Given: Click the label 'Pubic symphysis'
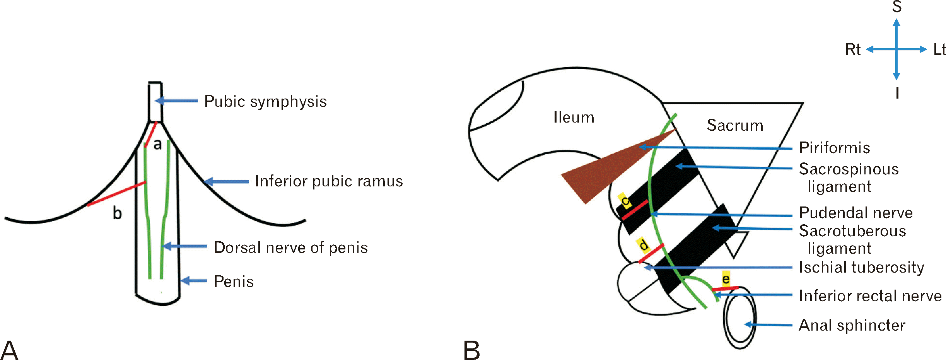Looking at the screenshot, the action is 265,101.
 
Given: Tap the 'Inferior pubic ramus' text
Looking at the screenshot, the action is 329,181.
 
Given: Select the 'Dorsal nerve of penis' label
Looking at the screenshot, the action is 291,247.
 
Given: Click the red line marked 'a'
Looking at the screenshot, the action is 150,134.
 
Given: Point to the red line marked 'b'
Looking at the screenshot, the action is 116,194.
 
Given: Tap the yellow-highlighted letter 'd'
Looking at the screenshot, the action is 643,245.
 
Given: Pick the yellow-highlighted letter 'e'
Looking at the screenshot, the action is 726,278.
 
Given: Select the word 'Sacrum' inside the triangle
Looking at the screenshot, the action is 735,125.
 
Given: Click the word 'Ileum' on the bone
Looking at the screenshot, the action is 574,117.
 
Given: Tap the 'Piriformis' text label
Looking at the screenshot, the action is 835,148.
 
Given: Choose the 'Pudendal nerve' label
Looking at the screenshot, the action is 856,213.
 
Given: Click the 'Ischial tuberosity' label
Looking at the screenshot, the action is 862,267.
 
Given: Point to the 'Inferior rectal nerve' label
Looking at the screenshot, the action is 870,296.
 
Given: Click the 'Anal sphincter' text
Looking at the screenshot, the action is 852,325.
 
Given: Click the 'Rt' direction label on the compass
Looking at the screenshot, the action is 853,49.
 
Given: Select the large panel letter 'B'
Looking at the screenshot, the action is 471,350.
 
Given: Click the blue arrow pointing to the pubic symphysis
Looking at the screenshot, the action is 176,101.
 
